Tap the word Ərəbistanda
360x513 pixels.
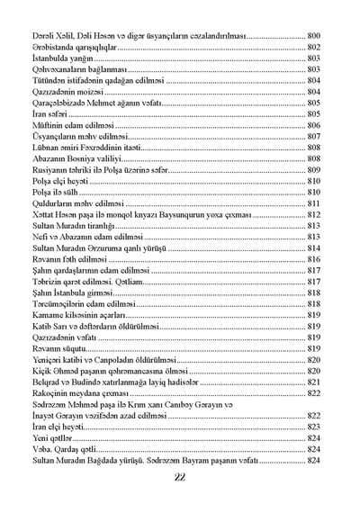pyautogui.click(x=51, y=45)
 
